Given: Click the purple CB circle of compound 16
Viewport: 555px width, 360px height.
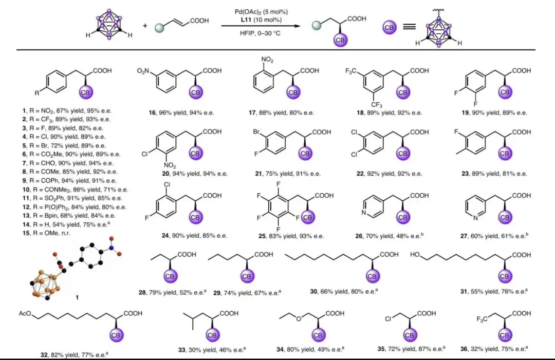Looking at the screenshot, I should (x=195, y=92).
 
